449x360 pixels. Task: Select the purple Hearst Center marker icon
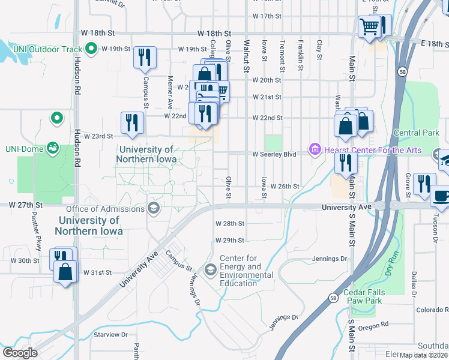click(314, 149)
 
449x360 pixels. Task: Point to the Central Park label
click(416, 133)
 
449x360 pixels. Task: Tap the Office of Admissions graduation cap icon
click(154, 208)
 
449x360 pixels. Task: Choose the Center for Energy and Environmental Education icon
click(210, 271)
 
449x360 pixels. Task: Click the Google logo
click(20, 352)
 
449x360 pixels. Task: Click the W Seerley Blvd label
click(274, 154)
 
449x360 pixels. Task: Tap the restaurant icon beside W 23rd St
click(131, 122)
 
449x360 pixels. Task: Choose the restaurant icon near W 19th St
click(145, 58)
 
